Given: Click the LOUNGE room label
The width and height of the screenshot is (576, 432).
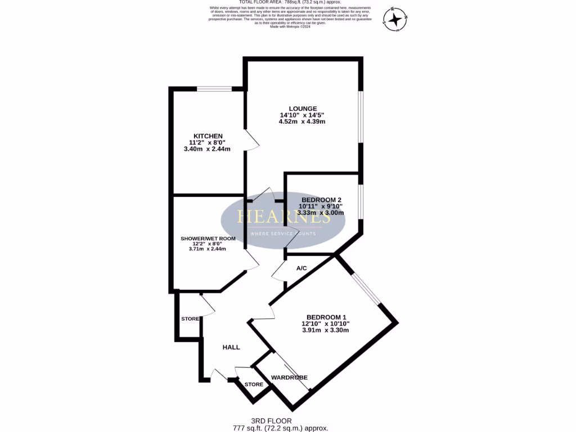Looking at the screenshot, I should coord(303,109).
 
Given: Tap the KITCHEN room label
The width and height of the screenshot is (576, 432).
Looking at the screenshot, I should coord(208,136).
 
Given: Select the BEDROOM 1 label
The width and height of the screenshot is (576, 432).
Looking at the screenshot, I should coord(325,316).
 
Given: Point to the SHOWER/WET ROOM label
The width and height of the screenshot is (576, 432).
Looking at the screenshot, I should coord(208,238).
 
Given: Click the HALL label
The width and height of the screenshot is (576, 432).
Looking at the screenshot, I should coord(231,347).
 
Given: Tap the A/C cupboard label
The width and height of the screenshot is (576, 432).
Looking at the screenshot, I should coord(301,268).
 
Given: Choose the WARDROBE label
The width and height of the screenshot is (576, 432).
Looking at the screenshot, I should coord(290,377).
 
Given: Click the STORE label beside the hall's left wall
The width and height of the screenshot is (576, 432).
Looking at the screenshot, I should coord(190,319).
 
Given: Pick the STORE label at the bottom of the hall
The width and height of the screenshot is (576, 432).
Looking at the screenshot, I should coord(254,385).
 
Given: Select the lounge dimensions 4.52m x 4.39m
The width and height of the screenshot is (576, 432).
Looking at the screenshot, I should coord(303,122).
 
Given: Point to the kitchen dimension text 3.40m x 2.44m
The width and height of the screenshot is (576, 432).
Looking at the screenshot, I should coord(207,149).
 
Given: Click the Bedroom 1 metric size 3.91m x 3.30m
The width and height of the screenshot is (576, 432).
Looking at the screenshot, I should coord(325,330).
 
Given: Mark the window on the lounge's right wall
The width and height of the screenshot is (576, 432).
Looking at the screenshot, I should coord(361,115).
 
